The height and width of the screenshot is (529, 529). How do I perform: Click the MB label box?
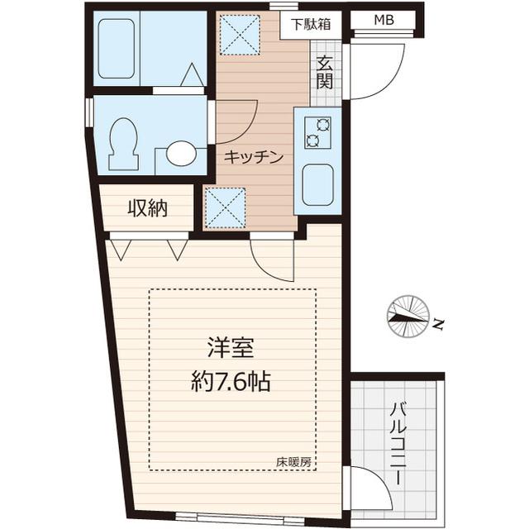[385, 21]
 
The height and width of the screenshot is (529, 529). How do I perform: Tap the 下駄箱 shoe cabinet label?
[310, 23]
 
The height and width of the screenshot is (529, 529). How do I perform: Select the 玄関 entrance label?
[324, 72]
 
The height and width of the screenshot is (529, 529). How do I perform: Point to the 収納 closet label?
[147, 209]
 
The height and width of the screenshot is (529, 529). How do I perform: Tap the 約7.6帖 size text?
[231, 383]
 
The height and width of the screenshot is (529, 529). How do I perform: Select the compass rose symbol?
[407, 317]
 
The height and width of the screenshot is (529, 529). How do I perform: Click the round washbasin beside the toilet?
[181, 153]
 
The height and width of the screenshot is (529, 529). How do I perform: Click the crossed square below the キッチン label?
[226, 206]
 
